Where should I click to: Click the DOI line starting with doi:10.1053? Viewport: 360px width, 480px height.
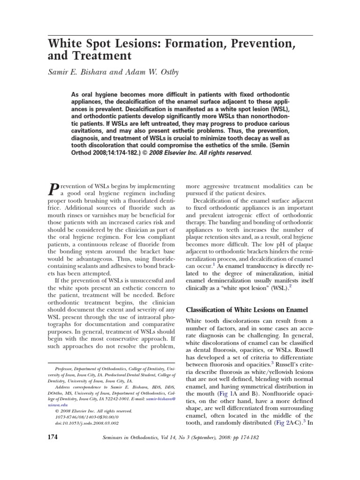[86, 422]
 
